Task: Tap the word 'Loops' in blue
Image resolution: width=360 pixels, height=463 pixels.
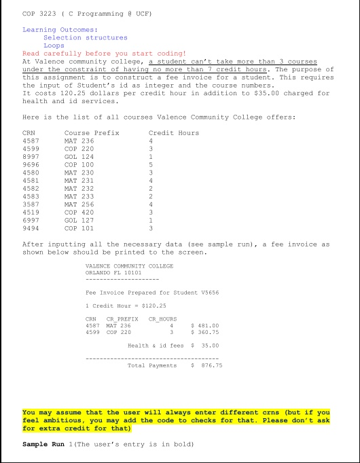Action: tap(55, 45)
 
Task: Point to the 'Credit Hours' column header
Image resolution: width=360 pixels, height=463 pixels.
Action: tap(173, 133)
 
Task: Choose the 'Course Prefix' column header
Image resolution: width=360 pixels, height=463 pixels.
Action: tap(91, 133)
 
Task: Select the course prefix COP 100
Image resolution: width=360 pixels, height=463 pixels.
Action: tap(78, 163)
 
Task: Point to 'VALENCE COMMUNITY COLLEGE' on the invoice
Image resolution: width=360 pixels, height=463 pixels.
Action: tap(130, 265)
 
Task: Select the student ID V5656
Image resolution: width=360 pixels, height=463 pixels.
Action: tap(209, 293)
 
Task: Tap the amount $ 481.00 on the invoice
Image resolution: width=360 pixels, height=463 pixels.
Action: tap(207, 325)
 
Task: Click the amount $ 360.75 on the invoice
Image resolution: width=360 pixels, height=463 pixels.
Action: tap(207, 332)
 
